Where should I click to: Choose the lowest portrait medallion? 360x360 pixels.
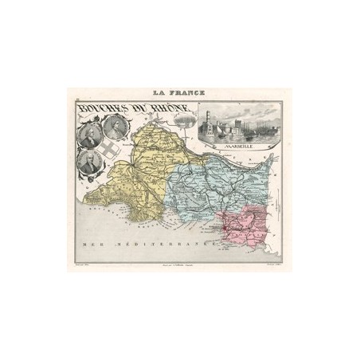coord(90,162)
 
